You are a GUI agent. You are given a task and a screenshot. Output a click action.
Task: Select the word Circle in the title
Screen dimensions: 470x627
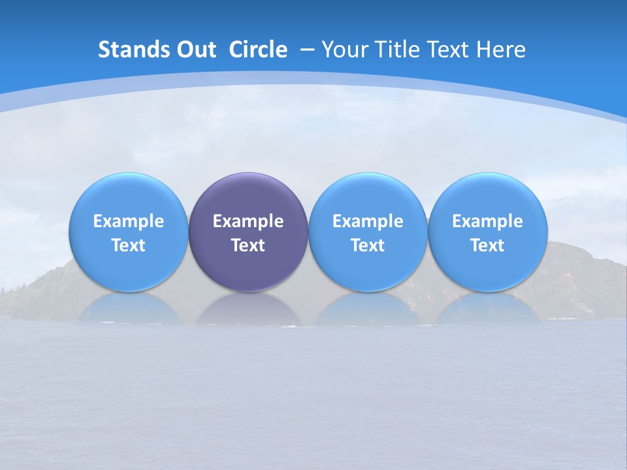pyautogui.click(x=258, y=50)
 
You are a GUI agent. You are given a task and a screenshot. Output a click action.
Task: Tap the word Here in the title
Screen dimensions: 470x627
pyautogui.click(x=501, y=50)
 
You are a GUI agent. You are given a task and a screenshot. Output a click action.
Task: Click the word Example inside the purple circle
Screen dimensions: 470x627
pyautogui.click(x=248, y=221)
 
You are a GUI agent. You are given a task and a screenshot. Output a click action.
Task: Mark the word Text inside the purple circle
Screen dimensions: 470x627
pyautogui.click(x=248, y=245)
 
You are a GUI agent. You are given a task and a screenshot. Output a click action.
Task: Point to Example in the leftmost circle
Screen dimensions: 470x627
pyautogui.click(x=129, y=221)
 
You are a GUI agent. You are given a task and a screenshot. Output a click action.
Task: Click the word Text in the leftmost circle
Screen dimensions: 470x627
pyautogui.click(x=129, y=245)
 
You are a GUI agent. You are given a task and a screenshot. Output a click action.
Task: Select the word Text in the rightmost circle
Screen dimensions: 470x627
pyautogui.click(x=488, y=245)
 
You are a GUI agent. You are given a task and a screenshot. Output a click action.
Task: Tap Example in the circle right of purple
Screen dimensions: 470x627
pyautogui.click(x=368, y=221)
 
